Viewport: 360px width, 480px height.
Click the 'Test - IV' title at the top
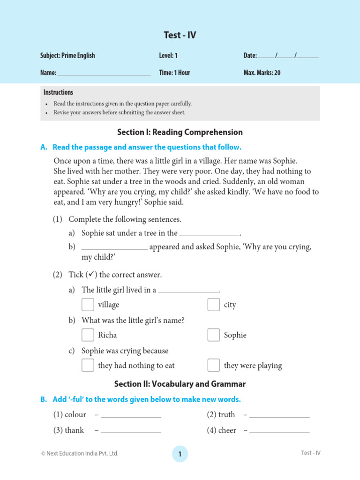coord(180,35)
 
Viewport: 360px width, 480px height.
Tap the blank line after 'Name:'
coord(104,74)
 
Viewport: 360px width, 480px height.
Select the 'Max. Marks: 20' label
coord(262,73)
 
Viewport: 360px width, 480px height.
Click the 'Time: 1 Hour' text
coord(174,73)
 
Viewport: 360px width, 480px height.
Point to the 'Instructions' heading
coord(58,92)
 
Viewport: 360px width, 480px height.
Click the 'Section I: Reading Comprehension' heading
coord(180,132)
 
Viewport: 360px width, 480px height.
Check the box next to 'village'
coord(88,305)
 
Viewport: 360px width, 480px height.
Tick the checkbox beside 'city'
coord(214,305)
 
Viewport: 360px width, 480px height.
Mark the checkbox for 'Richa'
coord(88,335)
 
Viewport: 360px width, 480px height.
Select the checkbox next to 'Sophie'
coord(214,335)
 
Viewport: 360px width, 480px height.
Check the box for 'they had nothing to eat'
coord(88,365)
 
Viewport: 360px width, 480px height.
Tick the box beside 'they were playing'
coord(214,365)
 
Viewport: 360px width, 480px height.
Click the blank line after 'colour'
coord(131,416)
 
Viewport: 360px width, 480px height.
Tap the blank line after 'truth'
coord(279,416)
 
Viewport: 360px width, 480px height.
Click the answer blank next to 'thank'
coord(131,431)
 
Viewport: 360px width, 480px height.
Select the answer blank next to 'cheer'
coord(279,431)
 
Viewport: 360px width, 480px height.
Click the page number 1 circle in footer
coord(180,454)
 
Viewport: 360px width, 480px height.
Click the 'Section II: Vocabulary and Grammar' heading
coord(180,384)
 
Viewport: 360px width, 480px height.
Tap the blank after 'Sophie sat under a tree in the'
coord(210,234)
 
